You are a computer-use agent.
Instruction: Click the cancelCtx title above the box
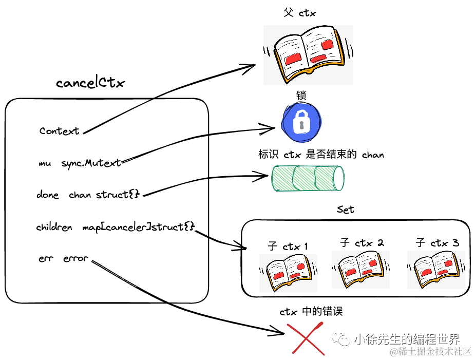tap(90, 83)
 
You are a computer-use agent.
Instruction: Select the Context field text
tap(60, 131)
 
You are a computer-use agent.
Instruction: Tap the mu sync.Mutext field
tap(80, 163)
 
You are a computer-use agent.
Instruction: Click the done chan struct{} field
tap(88, 195)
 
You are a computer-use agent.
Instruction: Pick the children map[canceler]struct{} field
tap(115, 226)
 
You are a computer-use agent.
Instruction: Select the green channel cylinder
tap(308, 178)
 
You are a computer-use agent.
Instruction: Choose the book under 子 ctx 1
tap(288, 273)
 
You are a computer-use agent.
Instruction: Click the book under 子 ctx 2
tap(360, 270)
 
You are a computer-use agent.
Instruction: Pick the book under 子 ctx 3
tap(435, 270)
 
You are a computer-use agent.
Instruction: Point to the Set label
tap(345, 210)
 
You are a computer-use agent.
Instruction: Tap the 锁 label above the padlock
tap(301, 96)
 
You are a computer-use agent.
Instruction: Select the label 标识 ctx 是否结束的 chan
tap(321, 154)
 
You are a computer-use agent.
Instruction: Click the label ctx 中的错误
tap(311, 311)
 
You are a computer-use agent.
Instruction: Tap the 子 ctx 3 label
tap(437, 242)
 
